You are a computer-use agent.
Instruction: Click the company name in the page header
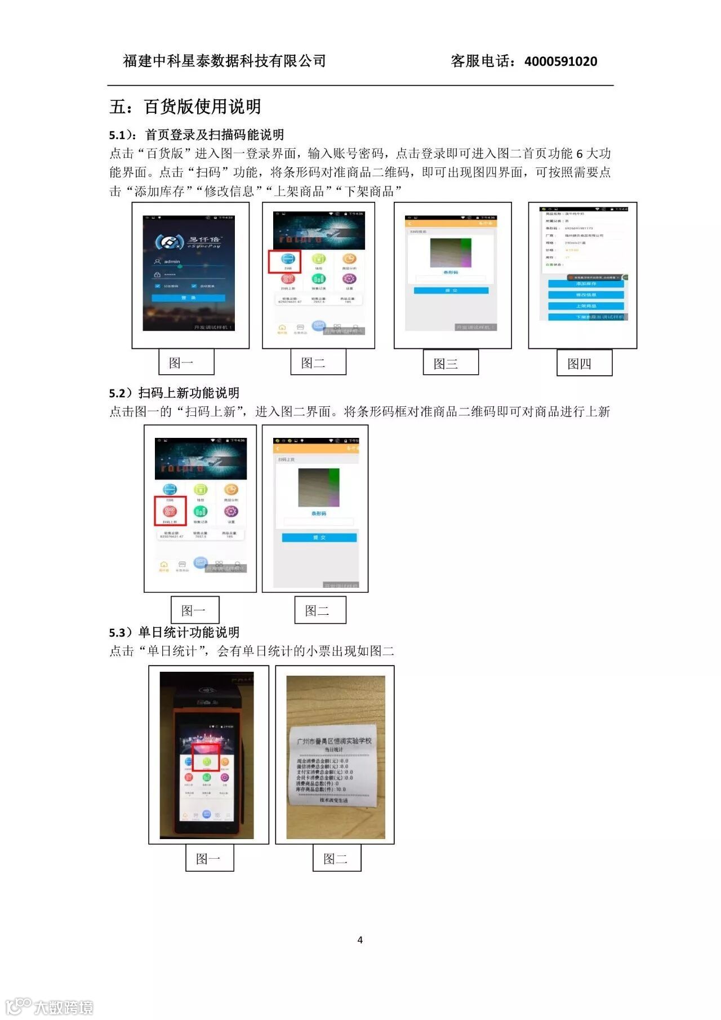coord(224,61)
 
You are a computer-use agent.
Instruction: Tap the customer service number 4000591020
coord(560,61)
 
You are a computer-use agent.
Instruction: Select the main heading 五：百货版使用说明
coord(185,107)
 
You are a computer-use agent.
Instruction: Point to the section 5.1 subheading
coord(197,135)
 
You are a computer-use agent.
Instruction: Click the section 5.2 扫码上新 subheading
coord(175,393)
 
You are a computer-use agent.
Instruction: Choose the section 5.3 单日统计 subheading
coord(175,632)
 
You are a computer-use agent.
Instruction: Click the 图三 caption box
coord(451,363)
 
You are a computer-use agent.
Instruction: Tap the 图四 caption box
coord(584,363)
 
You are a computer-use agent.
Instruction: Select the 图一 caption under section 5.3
coord(210,859)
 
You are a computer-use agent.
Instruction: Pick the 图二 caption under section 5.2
coord(320,610)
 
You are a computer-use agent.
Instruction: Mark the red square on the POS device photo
coord(206,757)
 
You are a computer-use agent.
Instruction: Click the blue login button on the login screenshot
coord(188,298)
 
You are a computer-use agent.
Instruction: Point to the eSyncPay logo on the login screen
coord(188,242)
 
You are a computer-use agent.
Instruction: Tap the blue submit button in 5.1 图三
coord(451,290)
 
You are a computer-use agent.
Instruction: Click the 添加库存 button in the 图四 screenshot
coord(586,283)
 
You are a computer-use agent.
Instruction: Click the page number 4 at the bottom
coord(360,940)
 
